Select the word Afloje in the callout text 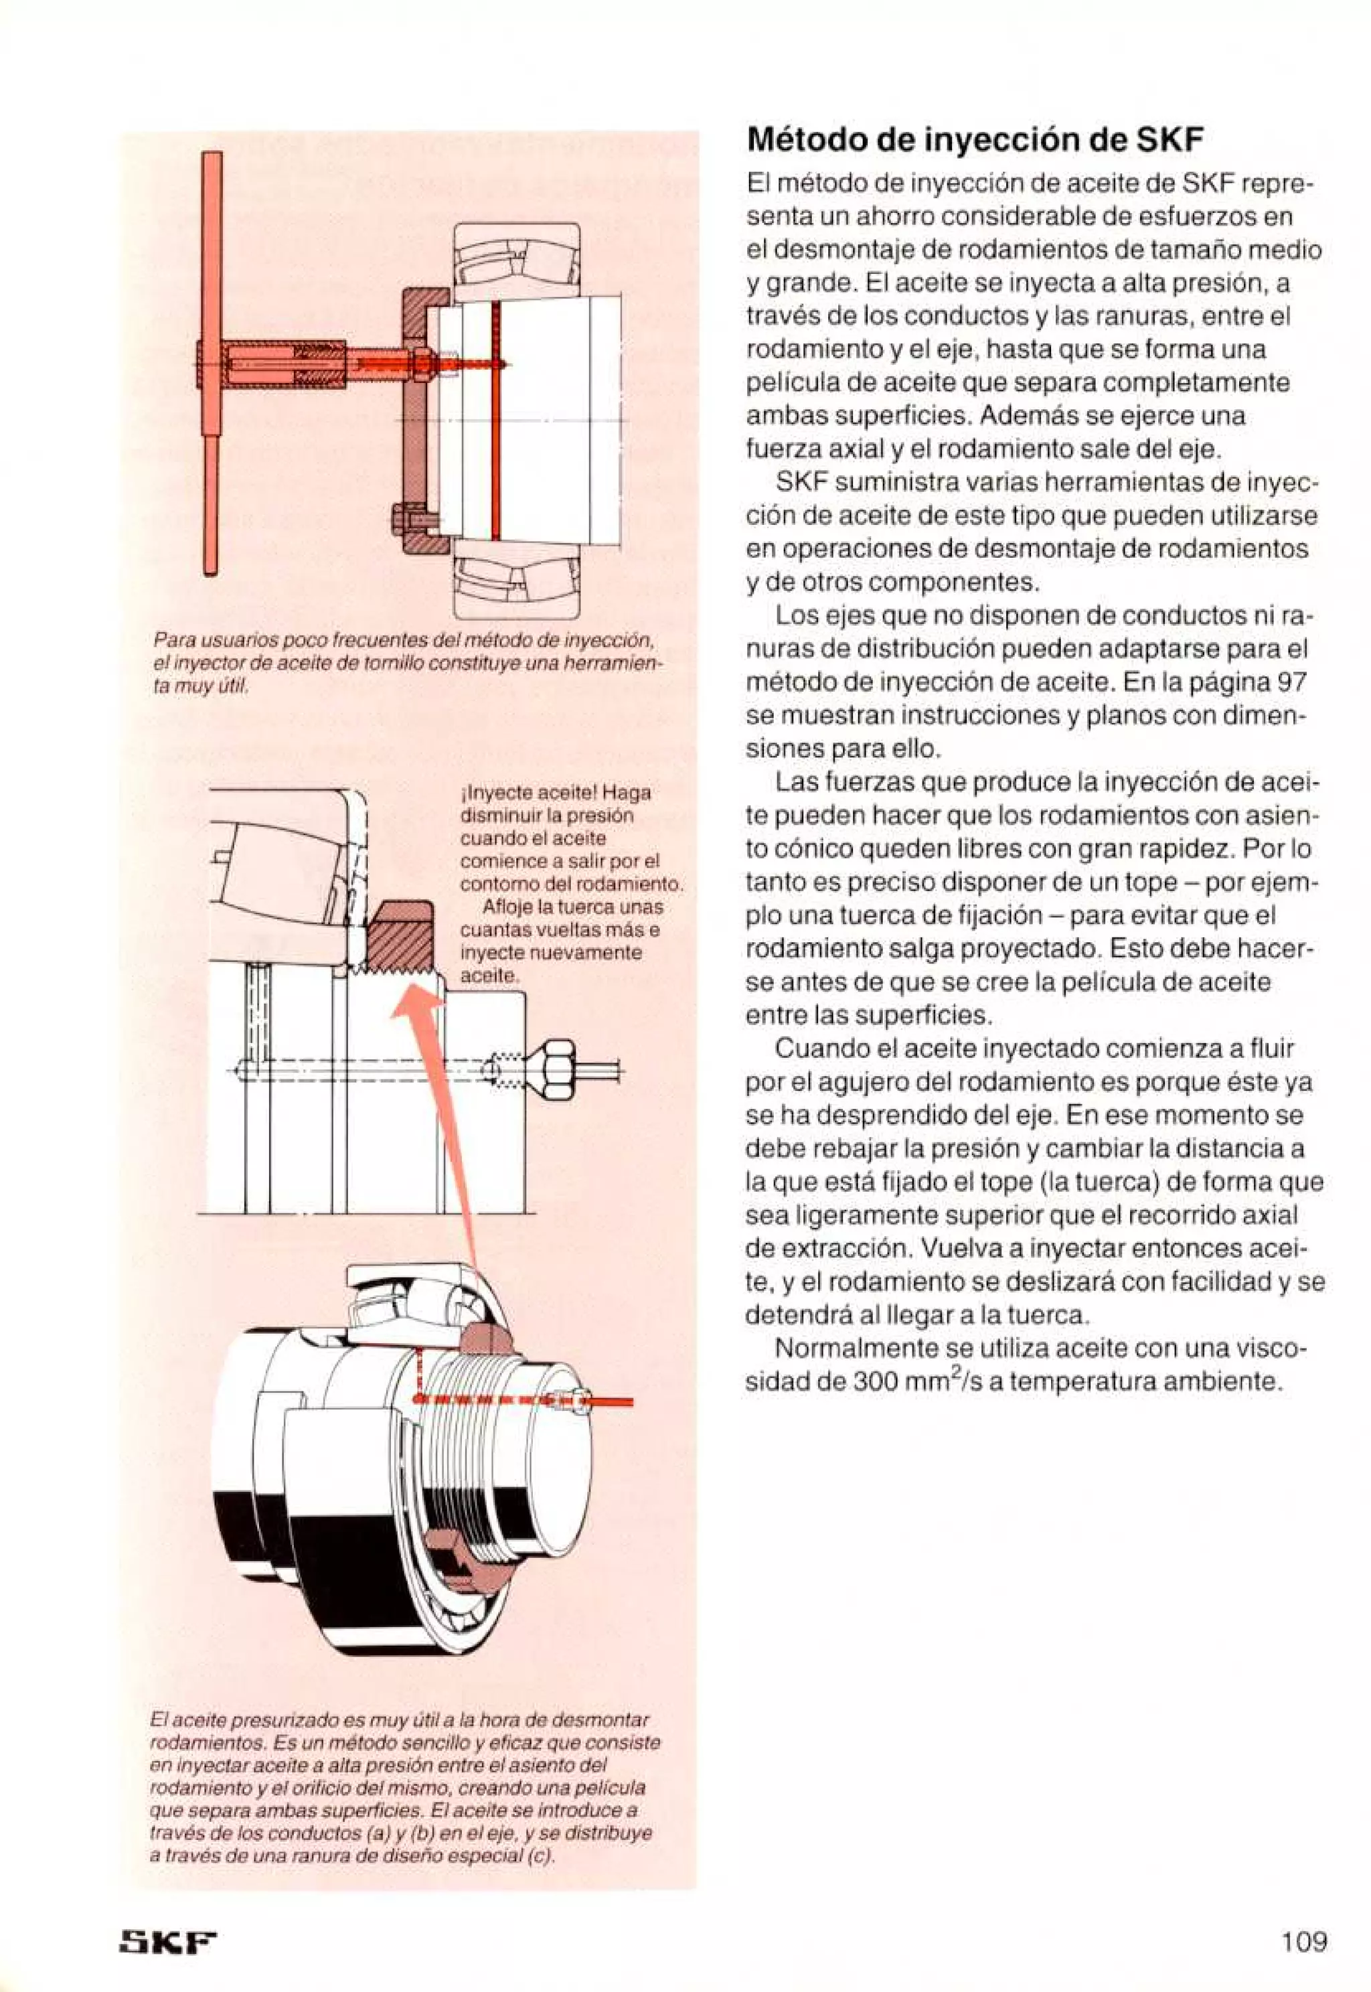coord(506,907)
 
